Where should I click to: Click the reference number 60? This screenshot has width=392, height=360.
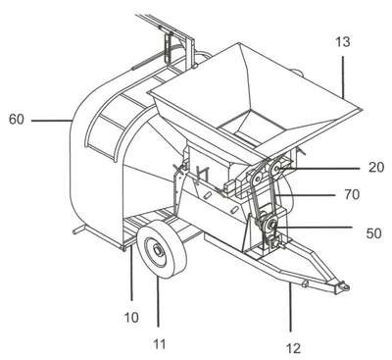tap(17, 120)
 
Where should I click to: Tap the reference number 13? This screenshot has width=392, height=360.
tap(342, 42)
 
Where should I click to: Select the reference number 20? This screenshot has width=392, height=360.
tap(376, 168)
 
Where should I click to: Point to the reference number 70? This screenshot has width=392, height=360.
tap(352, 195)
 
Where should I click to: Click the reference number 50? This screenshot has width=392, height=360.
tap(373, 233)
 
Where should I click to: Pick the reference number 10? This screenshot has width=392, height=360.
tap(131, 317)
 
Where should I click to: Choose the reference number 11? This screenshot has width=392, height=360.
tap(160, 344)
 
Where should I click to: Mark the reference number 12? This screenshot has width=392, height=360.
tap(293, 348)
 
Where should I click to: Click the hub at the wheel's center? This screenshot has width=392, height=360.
tap(158, 251)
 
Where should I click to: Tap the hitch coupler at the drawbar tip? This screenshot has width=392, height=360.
tap(344, 286)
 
